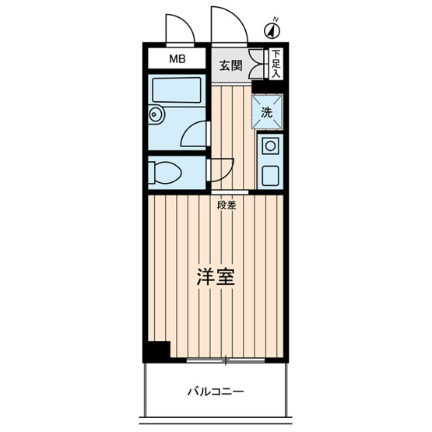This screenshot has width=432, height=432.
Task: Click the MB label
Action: click(178, 59)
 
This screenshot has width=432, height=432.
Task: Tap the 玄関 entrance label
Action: click(230, 65)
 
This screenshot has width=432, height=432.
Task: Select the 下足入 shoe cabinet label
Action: click(276, 64)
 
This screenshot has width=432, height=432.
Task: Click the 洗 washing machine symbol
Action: click(266, 111)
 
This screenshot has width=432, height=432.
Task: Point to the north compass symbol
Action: click(272, 30)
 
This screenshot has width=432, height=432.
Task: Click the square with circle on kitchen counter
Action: click(269, 145)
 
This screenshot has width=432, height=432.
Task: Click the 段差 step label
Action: click(227, 205)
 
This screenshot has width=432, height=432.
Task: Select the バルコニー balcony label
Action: click(216, 391)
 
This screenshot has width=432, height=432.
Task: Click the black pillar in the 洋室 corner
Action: click(159, 350)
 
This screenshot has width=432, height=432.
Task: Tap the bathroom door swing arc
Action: click(195, 134)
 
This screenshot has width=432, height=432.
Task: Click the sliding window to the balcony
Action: click(226, 361)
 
